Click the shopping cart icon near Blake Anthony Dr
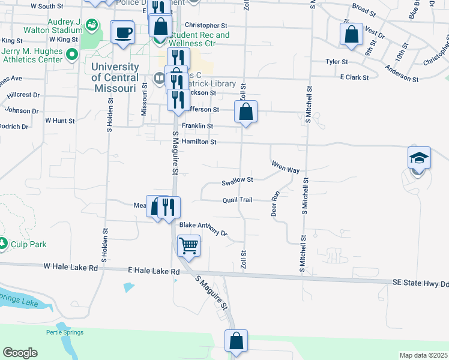coord(188,245)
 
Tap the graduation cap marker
coord(419,158)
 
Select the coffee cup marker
coord(123,32)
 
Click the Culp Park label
coord(28,244)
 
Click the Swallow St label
coord(237,180)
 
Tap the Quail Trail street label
coord(238,200)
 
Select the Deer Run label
coord(276,204)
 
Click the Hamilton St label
coord(200,142)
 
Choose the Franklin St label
coord(198,126)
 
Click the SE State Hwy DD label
coord(420,282)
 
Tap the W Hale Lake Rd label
coord(70,266)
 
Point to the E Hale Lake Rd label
coord(154,271)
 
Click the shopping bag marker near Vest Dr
coord(352,33)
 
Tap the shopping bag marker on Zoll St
coord(246,112)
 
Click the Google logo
coord(20,353)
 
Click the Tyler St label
coord(337,62)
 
